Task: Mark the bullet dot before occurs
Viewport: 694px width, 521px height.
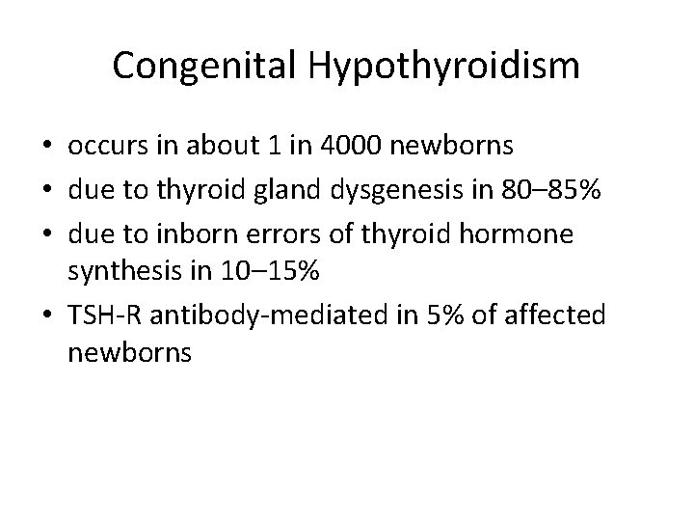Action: [x=47, y=148]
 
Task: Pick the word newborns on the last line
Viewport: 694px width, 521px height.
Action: [x=131, y=352]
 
